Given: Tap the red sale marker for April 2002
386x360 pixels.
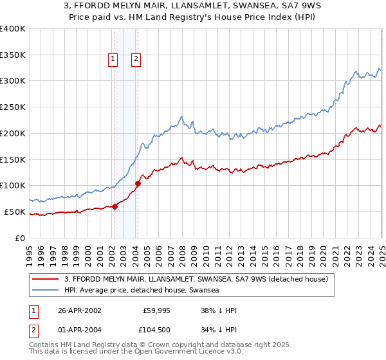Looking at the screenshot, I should click(x=115, y=206).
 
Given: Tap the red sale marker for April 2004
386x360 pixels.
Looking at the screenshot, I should click(x=138, y=183).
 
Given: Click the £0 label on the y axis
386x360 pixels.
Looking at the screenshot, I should click(x=20, y=238).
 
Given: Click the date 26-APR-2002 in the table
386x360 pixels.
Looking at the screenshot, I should click(x=80, y=310).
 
